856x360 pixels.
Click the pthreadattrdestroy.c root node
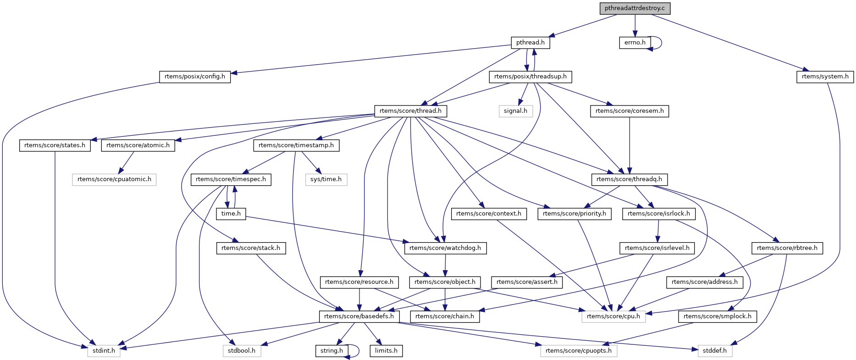(635, 8)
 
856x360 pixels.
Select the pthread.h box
(530, 43)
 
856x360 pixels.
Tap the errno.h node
(635, 43)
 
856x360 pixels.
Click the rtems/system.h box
(825, 77)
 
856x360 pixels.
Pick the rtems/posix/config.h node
(195, 77)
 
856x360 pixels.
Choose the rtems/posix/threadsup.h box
(530, 77)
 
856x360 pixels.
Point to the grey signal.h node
(515, 111)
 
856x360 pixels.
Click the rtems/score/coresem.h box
(629, 111)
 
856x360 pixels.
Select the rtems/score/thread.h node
(411, 111)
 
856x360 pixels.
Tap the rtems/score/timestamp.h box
(296, 145)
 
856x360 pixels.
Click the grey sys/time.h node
(326, 179)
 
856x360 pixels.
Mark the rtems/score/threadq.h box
(630, 179)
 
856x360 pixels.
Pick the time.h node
(231, 214)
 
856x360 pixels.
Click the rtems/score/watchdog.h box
(445, 248)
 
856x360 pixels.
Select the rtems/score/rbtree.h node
(787, 248)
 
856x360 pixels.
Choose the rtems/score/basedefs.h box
(359, 316)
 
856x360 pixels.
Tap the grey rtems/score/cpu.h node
(613, 316)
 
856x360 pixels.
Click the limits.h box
(386, 351)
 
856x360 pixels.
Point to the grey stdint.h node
(104, 351)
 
